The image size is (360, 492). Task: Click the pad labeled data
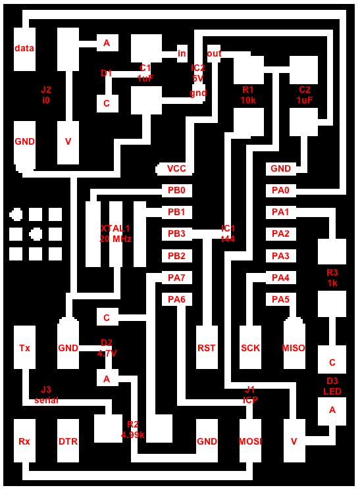24,49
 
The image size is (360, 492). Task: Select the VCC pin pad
174,169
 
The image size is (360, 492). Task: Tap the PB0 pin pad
176,191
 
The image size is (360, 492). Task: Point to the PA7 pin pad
176,278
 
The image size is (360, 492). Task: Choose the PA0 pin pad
281,191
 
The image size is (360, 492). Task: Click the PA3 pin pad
281,256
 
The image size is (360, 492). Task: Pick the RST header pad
207,347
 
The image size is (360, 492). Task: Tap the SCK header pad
250,347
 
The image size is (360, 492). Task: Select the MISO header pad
294,345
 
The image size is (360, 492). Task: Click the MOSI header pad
250,441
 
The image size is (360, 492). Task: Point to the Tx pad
24,347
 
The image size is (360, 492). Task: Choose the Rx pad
24,441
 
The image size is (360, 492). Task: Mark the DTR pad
68,441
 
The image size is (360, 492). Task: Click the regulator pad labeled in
182,54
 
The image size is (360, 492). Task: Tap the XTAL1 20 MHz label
115,234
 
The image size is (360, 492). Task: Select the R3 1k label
332,278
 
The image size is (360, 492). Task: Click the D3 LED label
332,386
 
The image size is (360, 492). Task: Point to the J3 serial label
46,395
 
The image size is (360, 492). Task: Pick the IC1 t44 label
228,234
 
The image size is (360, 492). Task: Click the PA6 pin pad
176,299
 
